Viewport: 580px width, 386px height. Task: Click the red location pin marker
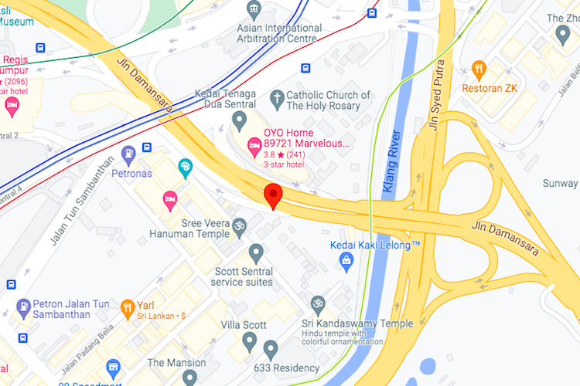tap(271, 195)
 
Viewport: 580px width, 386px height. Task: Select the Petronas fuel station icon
tap(128, 151)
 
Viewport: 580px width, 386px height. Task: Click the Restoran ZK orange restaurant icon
tap(479, 69)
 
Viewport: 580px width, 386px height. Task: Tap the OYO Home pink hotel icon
tap(253, 144)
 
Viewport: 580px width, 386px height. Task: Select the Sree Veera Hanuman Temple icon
tap(241, 225)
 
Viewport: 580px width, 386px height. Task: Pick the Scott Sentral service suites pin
tap(256, 252)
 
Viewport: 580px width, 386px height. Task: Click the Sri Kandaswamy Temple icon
tap(318, 303)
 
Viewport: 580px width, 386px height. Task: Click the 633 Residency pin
tap(270, 349)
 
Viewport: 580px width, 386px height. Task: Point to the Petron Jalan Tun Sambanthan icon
tap(22, 306)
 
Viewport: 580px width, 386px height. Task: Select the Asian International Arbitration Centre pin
tap(254, 10)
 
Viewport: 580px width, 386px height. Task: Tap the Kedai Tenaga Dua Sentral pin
tap(240, 120)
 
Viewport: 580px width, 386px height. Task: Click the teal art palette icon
tap(185, 167)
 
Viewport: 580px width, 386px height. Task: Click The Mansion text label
tap(176, 363)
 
